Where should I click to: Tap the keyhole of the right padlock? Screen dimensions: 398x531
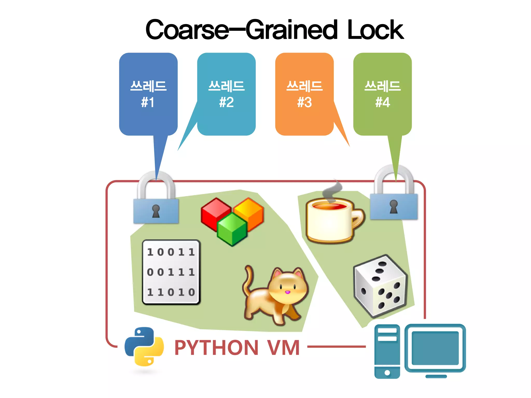pos(394,206)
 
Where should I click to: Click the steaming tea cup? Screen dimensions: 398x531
pos(329,220)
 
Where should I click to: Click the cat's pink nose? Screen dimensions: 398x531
pos(287,292)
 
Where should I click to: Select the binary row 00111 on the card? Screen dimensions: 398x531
pos(171,272)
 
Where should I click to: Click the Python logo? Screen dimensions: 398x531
pos(144,346)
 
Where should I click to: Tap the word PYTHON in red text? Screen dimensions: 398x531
pos(216,347)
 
